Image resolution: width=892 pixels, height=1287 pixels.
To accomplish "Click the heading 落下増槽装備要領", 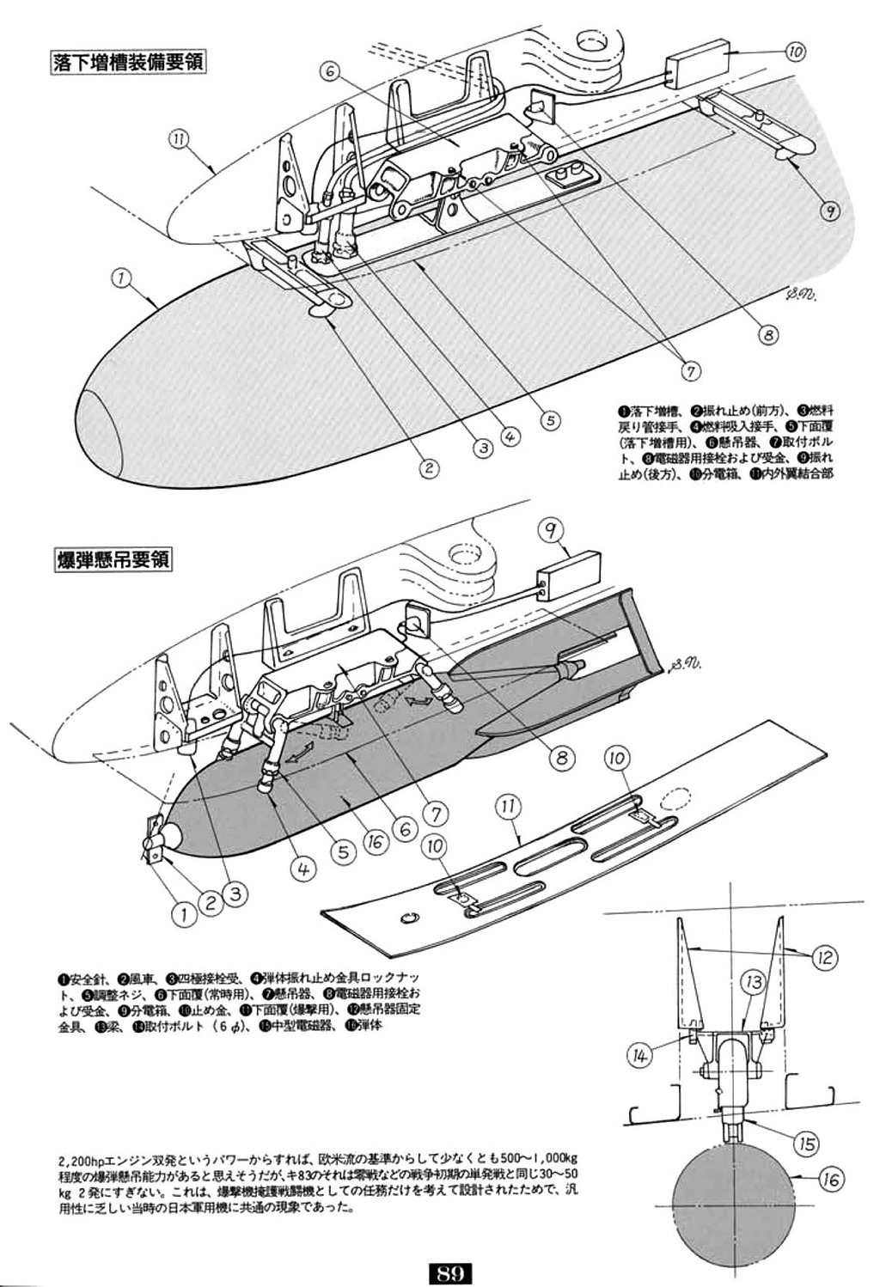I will point(129,64).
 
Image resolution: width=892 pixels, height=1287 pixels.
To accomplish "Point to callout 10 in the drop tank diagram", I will point(794,52).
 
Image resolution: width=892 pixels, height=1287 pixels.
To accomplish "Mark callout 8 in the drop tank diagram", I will point(767,334).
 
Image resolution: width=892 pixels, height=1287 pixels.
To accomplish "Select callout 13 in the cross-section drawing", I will point(752,980).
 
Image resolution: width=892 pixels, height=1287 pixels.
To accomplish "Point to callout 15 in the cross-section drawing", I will point(805,1144).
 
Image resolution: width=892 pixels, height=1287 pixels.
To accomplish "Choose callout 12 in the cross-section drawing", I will point(824,956).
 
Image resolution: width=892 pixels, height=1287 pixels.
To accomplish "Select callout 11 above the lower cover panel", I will point(508,805).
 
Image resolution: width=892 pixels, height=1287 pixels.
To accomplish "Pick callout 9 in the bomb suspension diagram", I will point(551,529).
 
